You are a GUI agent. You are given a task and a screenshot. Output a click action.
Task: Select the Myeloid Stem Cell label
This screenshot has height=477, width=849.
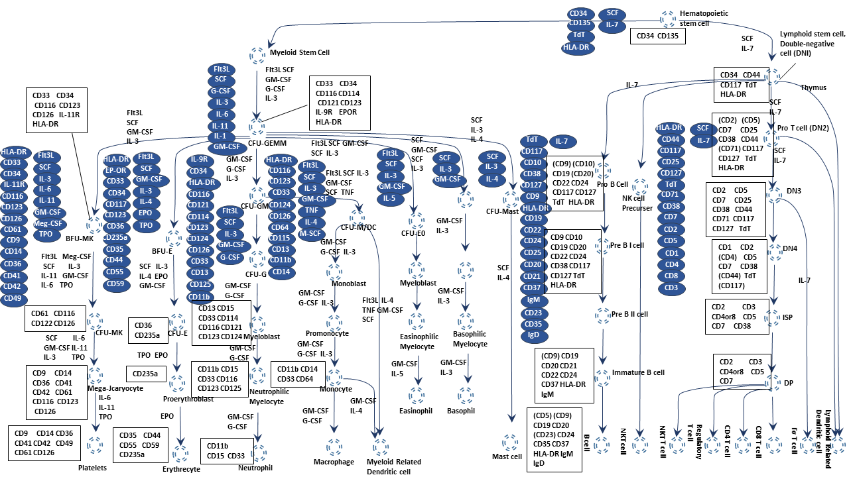(x=299, y=52)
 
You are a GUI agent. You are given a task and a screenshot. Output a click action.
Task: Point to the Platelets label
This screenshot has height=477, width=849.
(x=92, y=468)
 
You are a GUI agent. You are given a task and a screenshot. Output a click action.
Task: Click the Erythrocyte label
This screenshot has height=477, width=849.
(x=181, y=470)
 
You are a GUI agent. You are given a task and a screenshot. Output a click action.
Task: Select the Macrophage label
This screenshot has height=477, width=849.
(x=335, y=462)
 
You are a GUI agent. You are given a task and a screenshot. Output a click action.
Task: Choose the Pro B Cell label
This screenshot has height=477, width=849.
(x=612, y=184)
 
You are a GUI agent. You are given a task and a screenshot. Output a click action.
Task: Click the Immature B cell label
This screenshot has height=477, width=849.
(x=638, y=372)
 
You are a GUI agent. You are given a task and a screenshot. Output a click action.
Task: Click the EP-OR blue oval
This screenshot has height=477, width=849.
(x=117, y=170)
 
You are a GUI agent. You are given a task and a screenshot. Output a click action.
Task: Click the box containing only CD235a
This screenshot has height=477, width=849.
(x=147, y=374)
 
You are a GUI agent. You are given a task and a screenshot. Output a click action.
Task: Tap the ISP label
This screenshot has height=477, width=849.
(x=787, y=317)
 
